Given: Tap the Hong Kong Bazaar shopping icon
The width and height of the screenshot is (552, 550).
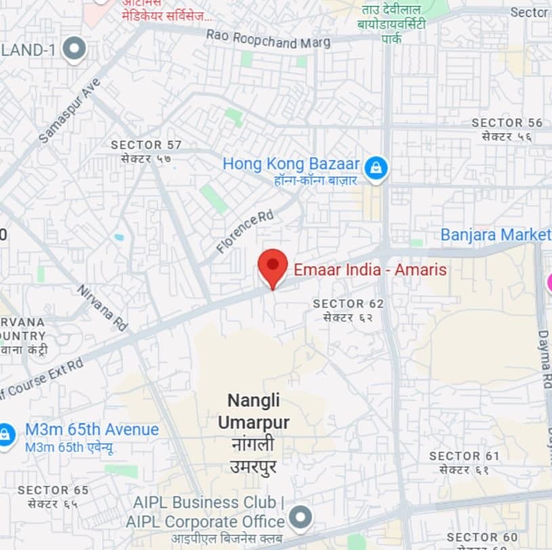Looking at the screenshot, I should point(375,167).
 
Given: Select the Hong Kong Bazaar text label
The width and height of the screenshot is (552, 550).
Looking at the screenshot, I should point(291,164).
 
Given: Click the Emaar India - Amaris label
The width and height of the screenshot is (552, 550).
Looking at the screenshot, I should point(370,270).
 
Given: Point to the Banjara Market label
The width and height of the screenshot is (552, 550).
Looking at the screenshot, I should point(495,235).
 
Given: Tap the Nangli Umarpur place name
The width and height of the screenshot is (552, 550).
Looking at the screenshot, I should point(253,412).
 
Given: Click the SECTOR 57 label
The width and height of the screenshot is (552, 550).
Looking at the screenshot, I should point(146,145).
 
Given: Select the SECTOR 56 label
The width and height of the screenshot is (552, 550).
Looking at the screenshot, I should point(507,123).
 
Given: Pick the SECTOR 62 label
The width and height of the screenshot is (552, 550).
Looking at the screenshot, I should point(348,304).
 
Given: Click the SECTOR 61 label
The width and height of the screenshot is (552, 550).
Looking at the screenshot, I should point(464,457).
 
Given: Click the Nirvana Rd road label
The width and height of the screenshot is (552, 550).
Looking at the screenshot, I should point(102,308).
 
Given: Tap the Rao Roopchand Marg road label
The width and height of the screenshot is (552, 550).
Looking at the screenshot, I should point(268,39).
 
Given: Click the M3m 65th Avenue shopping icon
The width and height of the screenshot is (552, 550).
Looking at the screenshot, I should point(6,434).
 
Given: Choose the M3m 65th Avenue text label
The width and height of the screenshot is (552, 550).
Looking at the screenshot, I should point(91,430).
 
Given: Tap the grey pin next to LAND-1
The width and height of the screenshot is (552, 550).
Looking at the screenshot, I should point(74,49).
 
